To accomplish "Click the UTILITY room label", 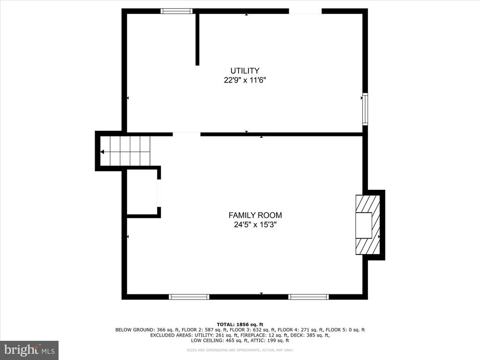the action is point(245,71).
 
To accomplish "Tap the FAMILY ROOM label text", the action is point(255,215).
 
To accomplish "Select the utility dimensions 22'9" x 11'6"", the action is point(245,80).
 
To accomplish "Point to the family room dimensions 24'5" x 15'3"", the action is point(255,225).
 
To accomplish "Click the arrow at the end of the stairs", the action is point(102,152).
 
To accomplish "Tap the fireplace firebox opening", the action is point(364,225).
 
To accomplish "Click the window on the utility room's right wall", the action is point(365,109).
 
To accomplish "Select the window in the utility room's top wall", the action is point(177,11).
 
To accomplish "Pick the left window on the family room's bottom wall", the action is point(189,297).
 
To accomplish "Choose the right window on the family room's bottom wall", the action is point(308,297).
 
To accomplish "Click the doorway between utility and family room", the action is point(187,134).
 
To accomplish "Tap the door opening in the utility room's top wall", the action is point(305,11).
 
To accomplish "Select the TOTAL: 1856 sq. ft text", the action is point(240,324).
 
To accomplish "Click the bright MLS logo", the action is point(29,350).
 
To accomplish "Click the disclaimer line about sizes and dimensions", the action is point(240,350).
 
